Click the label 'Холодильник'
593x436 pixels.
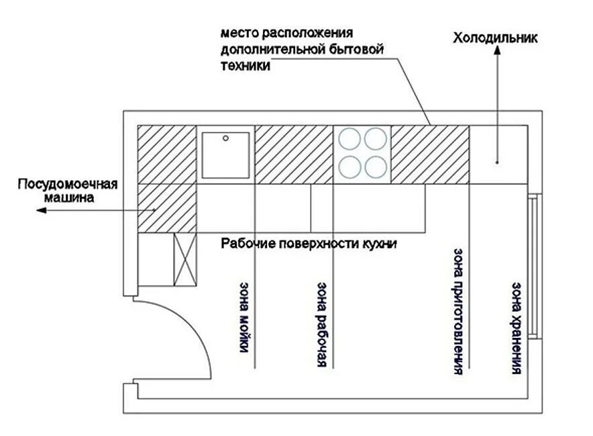496,38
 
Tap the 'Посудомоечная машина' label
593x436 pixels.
68,191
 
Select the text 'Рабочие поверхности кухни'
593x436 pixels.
309,243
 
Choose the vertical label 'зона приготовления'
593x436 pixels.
458,310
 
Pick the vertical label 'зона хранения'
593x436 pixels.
516,327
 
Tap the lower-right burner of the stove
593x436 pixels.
376,165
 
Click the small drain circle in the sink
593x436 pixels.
226,138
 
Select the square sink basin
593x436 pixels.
226,155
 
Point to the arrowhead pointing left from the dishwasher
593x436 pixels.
42,210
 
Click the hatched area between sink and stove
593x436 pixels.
294,154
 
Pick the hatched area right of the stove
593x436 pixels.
429,154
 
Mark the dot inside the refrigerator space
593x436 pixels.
497,162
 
